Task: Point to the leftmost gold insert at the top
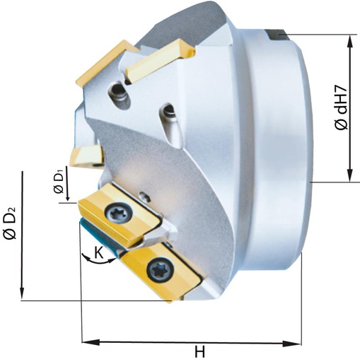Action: tap(99, 64)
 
